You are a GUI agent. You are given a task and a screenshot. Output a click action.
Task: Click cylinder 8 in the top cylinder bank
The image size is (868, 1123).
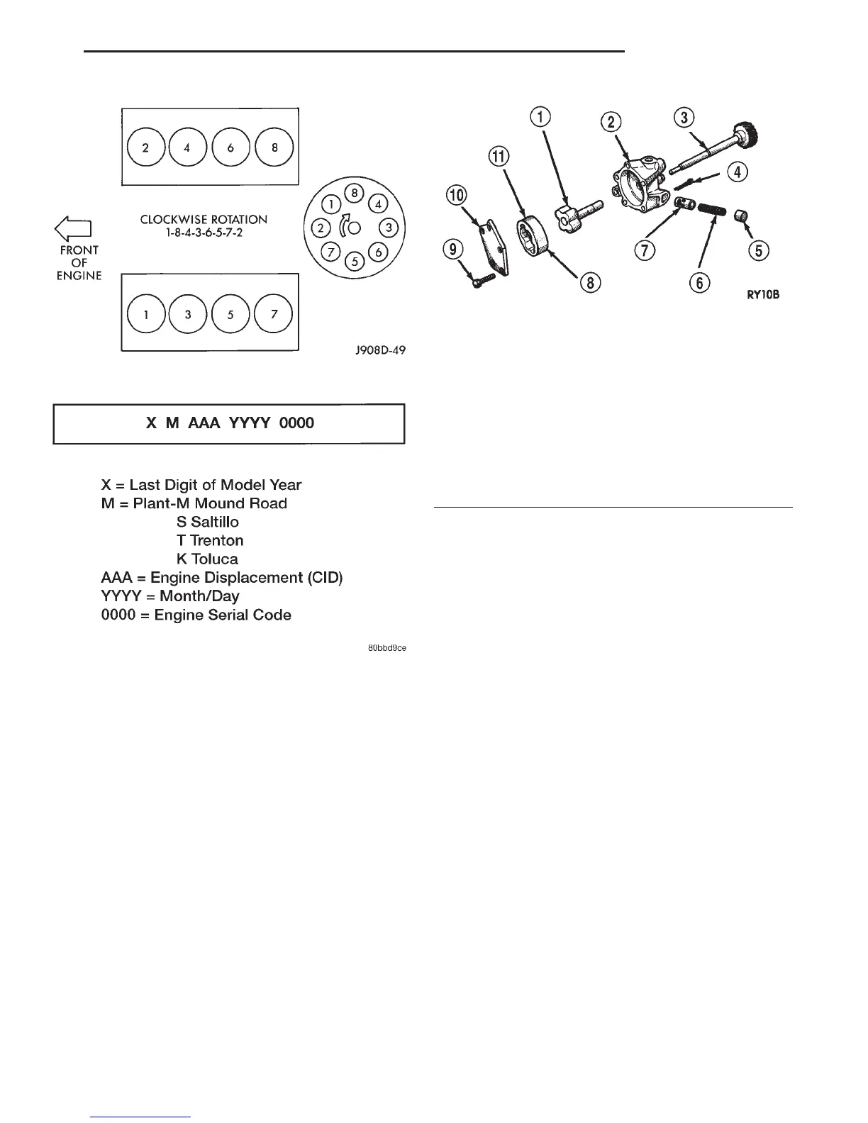pos(274,148)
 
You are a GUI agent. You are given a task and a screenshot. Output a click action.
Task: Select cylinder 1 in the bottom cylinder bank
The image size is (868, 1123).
pos(145,314)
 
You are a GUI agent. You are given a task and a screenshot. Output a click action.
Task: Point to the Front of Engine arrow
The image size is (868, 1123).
pos(74,228)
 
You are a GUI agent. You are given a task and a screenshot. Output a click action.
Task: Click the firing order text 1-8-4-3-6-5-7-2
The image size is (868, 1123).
pos(204,232)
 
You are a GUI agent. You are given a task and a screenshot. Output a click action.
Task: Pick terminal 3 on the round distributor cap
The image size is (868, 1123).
pos(389,228)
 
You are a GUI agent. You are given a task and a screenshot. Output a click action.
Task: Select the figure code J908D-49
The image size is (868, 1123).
pos(381,350)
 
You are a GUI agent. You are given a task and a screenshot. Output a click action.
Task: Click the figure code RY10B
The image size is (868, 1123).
pos(762,294)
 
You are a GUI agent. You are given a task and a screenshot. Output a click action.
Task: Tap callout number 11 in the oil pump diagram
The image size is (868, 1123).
pos(500,156)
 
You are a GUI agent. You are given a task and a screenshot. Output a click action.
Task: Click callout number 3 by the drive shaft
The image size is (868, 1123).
pos(684,118)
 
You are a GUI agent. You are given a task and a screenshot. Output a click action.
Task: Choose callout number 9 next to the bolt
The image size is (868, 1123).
pos(454,250)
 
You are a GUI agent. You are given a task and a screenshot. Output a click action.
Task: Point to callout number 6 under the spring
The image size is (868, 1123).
pos(699,283)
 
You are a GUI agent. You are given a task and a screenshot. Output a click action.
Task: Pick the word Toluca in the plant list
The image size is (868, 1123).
pos(214,559)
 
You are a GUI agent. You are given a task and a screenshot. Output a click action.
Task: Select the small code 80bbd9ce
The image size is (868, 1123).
pos(386,648)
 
